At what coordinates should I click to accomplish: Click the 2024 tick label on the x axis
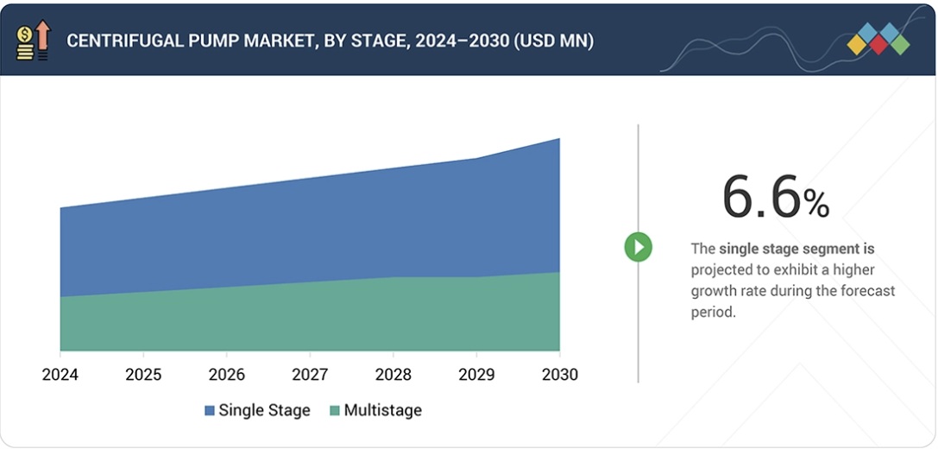[60, 375]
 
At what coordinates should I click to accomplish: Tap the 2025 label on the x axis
[143, 375]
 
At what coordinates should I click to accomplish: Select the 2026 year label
[226, 375]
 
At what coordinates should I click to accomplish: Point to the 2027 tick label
[310, 375]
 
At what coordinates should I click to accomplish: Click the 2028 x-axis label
[393, 375]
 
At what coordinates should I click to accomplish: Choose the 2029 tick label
[476, 375]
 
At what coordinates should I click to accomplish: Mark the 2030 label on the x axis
[560, 375]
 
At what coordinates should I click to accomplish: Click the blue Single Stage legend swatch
[210, 411]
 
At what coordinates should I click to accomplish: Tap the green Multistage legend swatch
[335, 411]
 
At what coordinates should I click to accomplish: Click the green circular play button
[639, 248]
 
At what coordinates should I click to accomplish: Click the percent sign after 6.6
[816, 204]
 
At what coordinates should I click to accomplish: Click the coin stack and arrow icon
[33, 41]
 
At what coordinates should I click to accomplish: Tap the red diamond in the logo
[878, 45]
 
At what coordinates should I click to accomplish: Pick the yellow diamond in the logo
[858, 44]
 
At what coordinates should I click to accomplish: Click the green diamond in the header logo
[899, 44]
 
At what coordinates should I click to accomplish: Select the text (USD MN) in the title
[553, 41]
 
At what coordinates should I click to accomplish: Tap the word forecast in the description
[868, 291]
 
